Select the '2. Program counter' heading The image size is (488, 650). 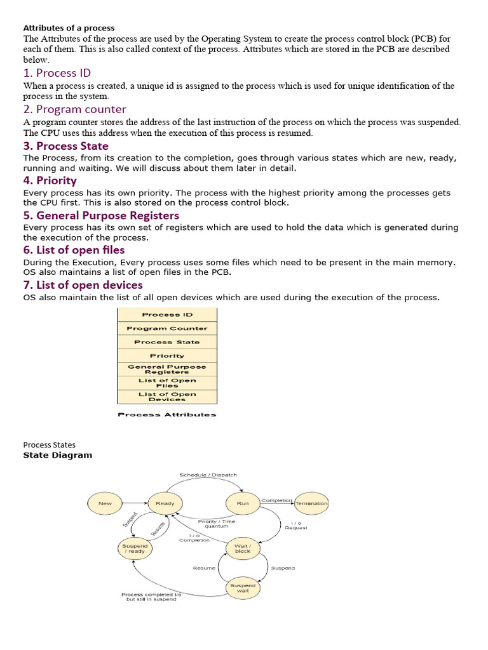click(x=74, y=109)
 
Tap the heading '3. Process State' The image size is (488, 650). click(x=65, y=146)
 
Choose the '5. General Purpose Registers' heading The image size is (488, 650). click(x=101, y=215)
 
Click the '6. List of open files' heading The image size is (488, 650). click(x=74, y=250)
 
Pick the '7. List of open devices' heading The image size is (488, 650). click(x=83, y=284)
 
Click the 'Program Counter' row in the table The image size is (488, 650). click(x=167, y=328)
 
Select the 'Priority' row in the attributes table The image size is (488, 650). click(x=167, y=355)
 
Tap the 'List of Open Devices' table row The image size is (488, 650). click(x=167, y=397)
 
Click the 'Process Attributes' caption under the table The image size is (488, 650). click(x=167, y=415)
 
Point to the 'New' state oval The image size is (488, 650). click(x=105, y=503)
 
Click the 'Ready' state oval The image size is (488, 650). click(x=165, y=503)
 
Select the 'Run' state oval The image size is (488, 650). click(x=243, y=503)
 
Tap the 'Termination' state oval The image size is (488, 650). click(x=311, y=503)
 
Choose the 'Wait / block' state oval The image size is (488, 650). click(x=243, y=548)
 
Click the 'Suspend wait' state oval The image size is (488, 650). click(x=243, y=588)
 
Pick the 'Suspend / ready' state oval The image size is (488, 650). click(x=135, y=548)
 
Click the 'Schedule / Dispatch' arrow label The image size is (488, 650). click(x=208, y=475)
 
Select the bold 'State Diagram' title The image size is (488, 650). click(x=57, y=455)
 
